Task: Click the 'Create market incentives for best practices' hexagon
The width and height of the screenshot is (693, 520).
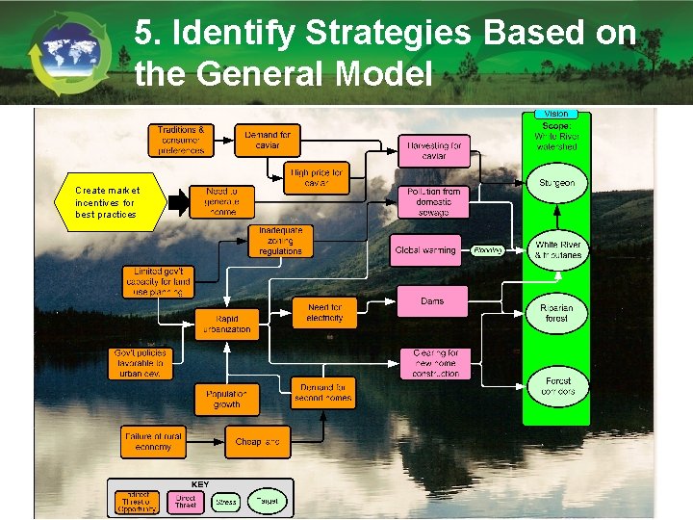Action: pyautogui.click(x=108, y=202)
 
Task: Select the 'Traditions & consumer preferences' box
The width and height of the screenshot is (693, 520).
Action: pyautogui.click(x=181, y=141)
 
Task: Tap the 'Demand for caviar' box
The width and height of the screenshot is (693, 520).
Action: pyautogui.click(x=267, y=141)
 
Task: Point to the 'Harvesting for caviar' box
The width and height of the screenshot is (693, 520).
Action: pyautogui.click(x=433, y=151)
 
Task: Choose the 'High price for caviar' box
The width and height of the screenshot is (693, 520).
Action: pyautogui.click(x=317, y=177)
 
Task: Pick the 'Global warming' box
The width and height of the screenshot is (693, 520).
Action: pyautogui.click(x=425, y=250)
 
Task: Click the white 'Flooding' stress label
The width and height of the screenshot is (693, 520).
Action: pyautogui.click(x=488, y=250)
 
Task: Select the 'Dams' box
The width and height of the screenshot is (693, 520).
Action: pyautogui.click(x=432, y=301)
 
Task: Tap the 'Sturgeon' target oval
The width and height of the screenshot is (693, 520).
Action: pyautogui.click(x=556, y=183)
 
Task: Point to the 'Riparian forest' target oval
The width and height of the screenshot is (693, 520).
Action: pyautogui.click(x=556, y=313)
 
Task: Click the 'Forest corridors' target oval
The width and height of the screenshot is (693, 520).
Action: pyautogui.click(x=556, y=386)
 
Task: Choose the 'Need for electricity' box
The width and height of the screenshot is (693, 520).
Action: pyautogui.click(x=324, y=312)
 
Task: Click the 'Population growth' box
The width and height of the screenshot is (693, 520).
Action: pyautogui.click(x=226, y=399)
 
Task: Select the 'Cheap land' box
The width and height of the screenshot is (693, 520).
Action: pyautogui.click(x=258, y=442)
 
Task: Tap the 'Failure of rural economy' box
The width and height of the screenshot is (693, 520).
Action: pyautogui.click(x=151, y=442)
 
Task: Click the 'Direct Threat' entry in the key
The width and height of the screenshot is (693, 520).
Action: pyautogui.click(x=186, y=501)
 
